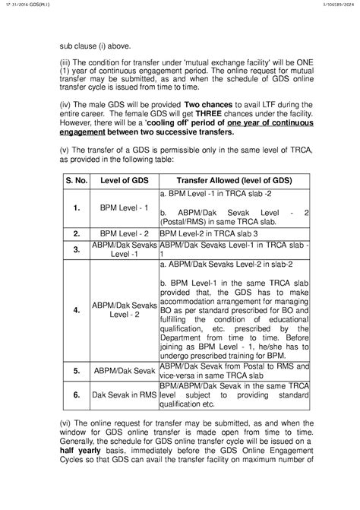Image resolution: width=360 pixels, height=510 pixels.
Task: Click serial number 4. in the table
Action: tap(77, 311)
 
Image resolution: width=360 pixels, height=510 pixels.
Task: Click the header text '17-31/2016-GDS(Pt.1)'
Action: tap(18, 5)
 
